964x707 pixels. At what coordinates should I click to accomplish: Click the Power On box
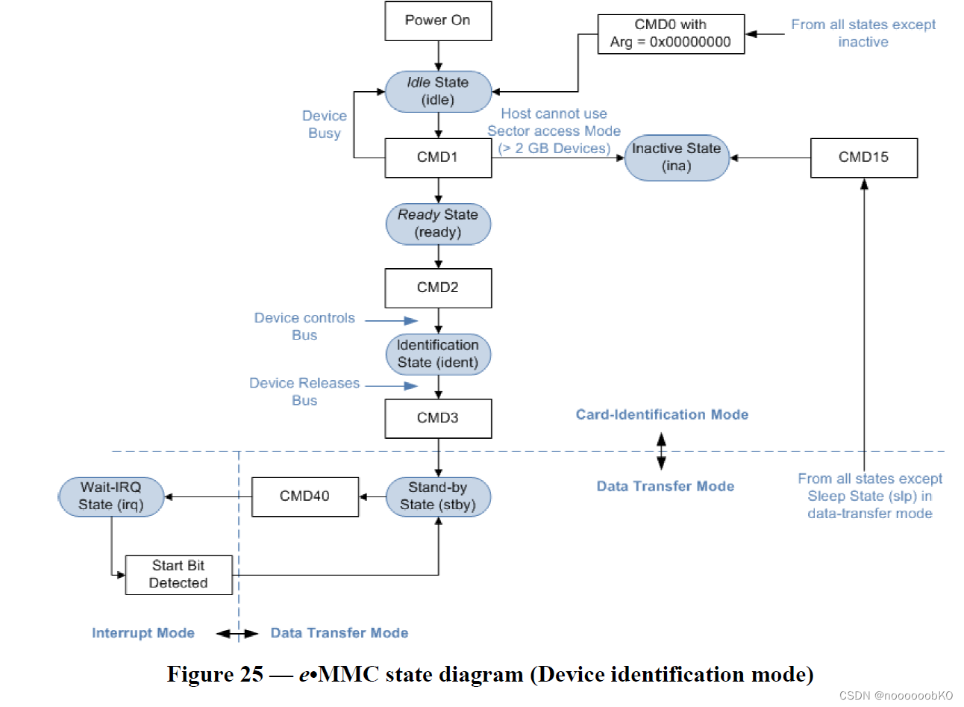click(438, 21)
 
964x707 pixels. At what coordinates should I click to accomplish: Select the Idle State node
click(438, 91)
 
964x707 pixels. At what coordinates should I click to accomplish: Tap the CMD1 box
click(438, 158)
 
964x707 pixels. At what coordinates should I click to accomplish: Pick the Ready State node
click(438, 223)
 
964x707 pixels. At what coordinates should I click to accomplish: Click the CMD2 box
click(438, 287)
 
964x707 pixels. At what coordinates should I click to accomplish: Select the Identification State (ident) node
click(438, 354)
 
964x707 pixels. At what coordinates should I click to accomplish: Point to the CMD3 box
click(438, 418)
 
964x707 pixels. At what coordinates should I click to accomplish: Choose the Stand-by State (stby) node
click(438, 496)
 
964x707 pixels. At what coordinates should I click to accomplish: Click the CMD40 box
click(304, 496)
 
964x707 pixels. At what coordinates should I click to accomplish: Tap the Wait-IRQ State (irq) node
click(111, 496)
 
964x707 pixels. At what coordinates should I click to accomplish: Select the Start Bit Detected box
click(178, 574)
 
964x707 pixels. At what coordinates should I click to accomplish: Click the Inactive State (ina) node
click(676, 158)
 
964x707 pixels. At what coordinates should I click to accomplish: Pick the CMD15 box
click(863, 158)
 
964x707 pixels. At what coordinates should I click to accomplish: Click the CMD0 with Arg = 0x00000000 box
click(671, 34)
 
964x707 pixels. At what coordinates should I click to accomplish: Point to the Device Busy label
click(325, 125)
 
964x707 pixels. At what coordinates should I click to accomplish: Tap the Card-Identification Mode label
click(662, 415)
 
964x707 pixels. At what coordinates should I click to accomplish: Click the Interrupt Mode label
click(143, 633)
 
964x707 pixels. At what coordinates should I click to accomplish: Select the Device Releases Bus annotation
click(304, 391)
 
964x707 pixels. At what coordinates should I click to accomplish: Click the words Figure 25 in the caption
click(215, 675)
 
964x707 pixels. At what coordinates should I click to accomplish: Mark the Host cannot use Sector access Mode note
click(554, 131)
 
